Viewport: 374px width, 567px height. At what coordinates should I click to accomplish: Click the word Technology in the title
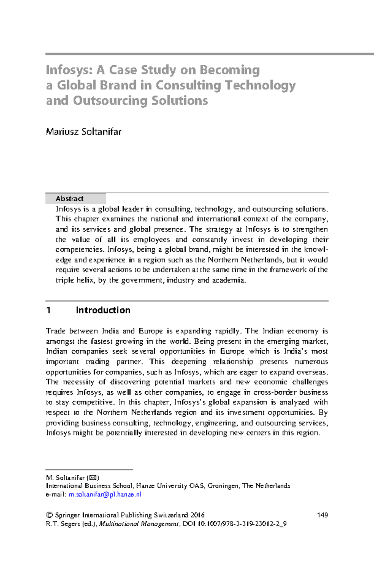click(260, 85)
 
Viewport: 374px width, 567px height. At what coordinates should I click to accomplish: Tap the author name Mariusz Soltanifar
click(84, 132)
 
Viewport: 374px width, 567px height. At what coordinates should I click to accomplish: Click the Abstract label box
click(75, 198)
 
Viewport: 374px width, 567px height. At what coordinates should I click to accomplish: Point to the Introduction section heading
click(103, 310)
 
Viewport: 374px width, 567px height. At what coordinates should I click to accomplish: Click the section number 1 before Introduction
click(48, 310)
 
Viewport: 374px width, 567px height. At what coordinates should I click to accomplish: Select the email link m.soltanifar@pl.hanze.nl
click(105, 494)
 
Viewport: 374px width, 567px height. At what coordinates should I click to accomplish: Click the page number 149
click(322, 515)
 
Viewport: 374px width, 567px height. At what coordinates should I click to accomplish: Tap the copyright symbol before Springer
click(49, 515)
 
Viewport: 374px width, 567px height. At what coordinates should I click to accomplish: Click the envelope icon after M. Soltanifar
click(94, 478)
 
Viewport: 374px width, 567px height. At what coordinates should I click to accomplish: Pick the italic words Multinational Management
click(139, 524)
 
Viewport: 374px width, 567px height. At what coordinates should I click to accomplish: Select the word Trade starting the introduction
click(55, 331)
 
